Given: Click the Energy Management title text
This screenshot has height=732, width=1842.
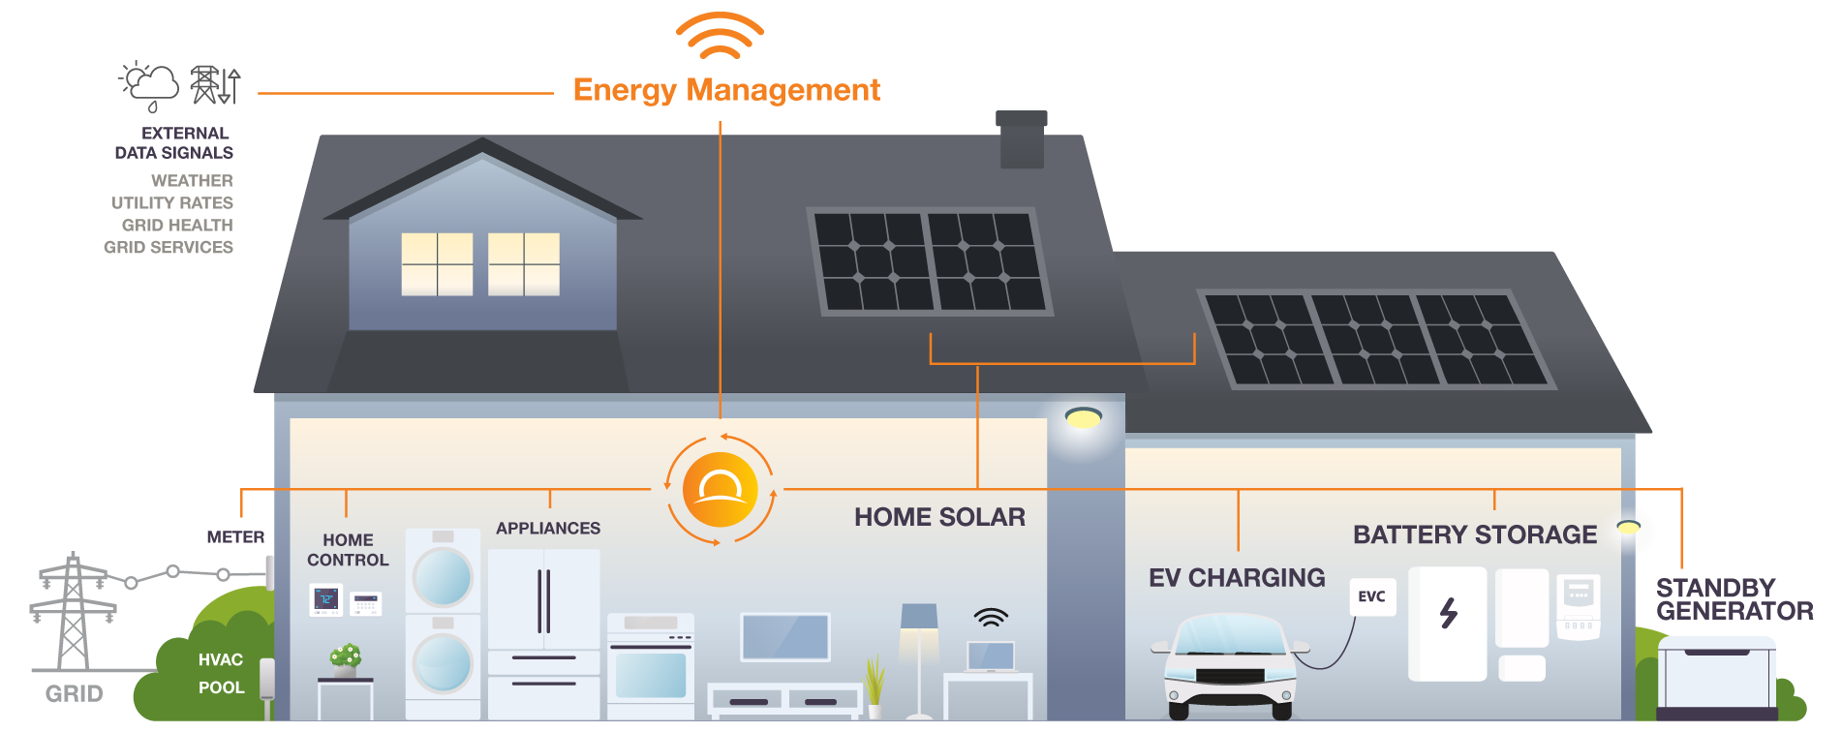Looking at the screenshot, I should coord(726,90).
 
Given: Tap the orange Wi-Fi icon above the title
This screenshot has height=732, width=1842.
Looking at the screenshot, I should coord(720,36).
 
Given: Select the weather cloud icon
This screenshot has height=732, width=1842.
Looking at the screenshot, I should coord(151,85).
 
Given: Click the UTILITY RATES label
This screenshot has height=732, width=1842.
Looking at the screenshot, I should coord(172,203).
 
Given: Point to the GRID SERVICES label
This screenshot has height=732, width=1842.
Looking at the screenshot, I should coord(169,248).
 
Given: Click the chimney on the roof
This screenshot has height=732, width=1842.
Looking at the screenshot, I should coord(1022,140).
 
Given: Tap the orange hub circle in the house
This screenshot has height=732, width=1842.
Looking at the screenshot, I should coord(720,490).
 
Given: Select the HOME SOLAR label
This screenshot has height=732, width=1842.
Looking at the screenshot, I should coord(939,518).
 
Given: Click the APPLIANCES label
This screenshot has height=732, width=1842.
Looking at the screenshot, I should coord(548,529).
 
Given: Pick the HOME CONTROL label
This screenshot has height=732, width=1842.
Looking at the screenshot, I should coord(348,550).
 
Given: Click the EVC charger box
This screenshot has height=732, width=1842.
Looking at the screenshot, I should coord(1372,596).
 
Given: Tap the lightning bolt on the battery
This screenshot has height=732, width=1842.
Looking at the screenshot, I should coord(1449,613).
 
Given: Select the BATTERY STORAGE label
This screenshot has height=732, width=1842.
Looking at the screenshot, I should coord(1475,534).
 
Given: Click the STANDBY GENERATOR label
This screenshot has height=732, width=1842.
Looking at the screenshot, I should coord(1734,600).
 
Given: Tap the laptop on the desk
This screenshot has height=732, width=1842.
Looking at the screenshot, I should coord(991,656).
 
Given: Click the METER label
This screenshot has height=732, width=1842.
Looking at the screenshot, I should coord(235,537).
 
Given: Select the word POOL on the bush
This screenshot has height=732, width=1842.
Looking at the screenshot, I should coord(222,687).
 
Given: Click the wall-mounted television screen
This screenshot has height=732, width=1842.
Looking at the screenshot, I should coord(785,637).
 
